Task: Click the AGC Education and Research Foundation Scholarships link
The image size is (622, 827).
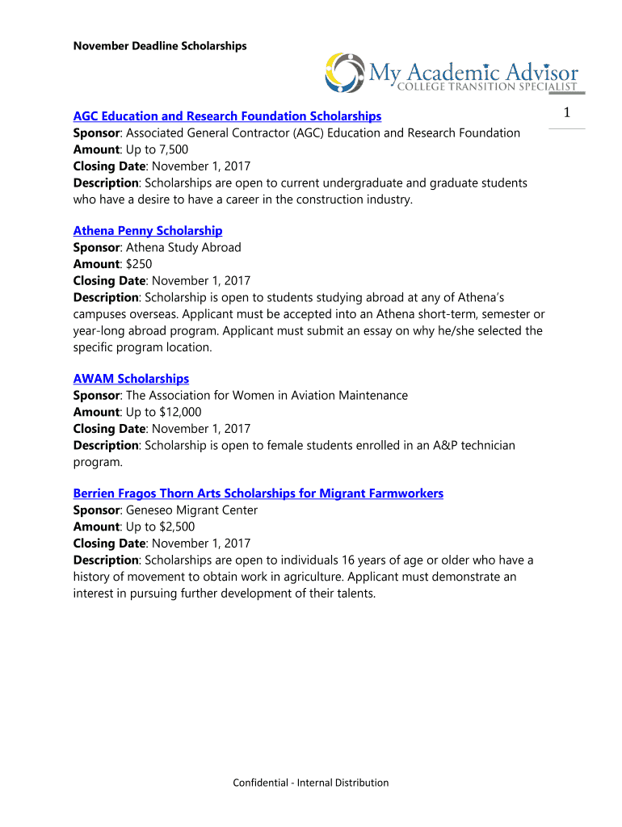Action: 227,116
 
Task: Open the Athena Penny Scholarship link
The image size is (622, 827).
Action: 148,231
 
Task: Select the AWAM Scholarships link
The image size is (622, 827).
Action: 131,379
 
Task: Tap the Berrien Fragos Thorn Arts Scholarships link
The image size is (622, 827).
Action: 258,493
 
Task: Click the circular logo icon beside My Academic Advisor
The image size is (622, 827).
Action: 344,72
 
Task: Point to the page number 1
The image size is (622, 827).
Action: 567,115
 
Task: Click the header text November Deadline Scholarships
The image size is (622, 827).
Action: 160,46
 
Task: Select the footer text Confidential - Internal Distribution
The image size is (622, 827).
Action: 311,783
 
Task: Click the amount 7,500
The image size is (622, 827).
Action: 169,149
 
